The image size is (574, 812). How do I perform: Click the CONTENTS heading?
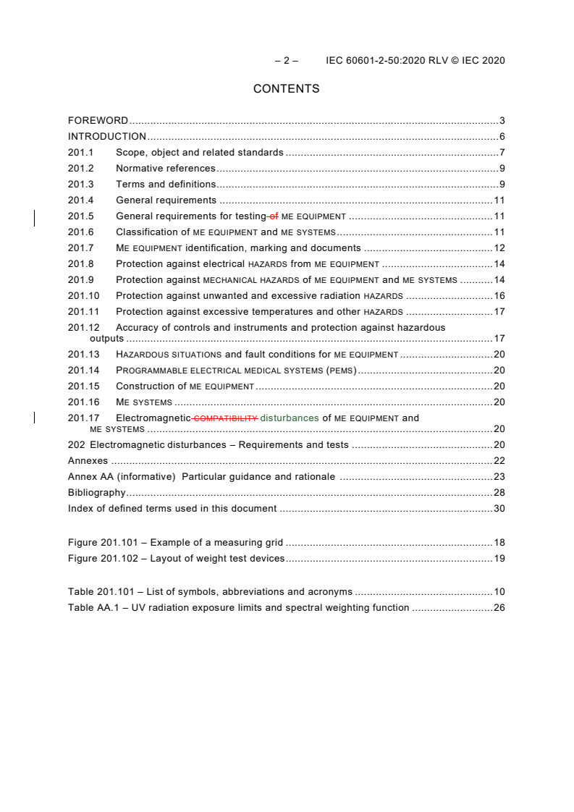pos(286,89)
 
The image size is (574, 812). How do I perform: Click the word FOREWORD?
pos(98,120)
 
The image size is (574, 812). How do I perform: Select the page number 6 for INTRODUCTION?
pos(502,136)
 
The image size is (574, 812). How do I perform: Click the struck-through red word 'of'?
pos(274,216)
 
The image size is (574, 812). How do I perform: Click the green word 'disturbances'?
pos(289,418)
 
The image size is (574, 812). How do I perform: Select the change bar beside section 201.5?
pos(35,216)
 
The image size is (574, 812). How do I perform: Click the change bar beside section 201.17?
pos(35,418)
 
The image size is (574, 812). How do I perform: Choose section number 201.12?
pos(83,327)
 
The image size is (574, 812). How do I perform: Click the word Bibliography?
pos(96,492)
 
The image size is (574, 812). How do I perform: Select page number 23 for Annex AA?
pos(499,476)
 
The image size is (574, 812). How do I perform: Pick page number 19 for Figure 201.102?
pos(499,558)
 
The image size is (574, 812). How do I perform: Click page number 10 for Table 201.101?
pos(499,591)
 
